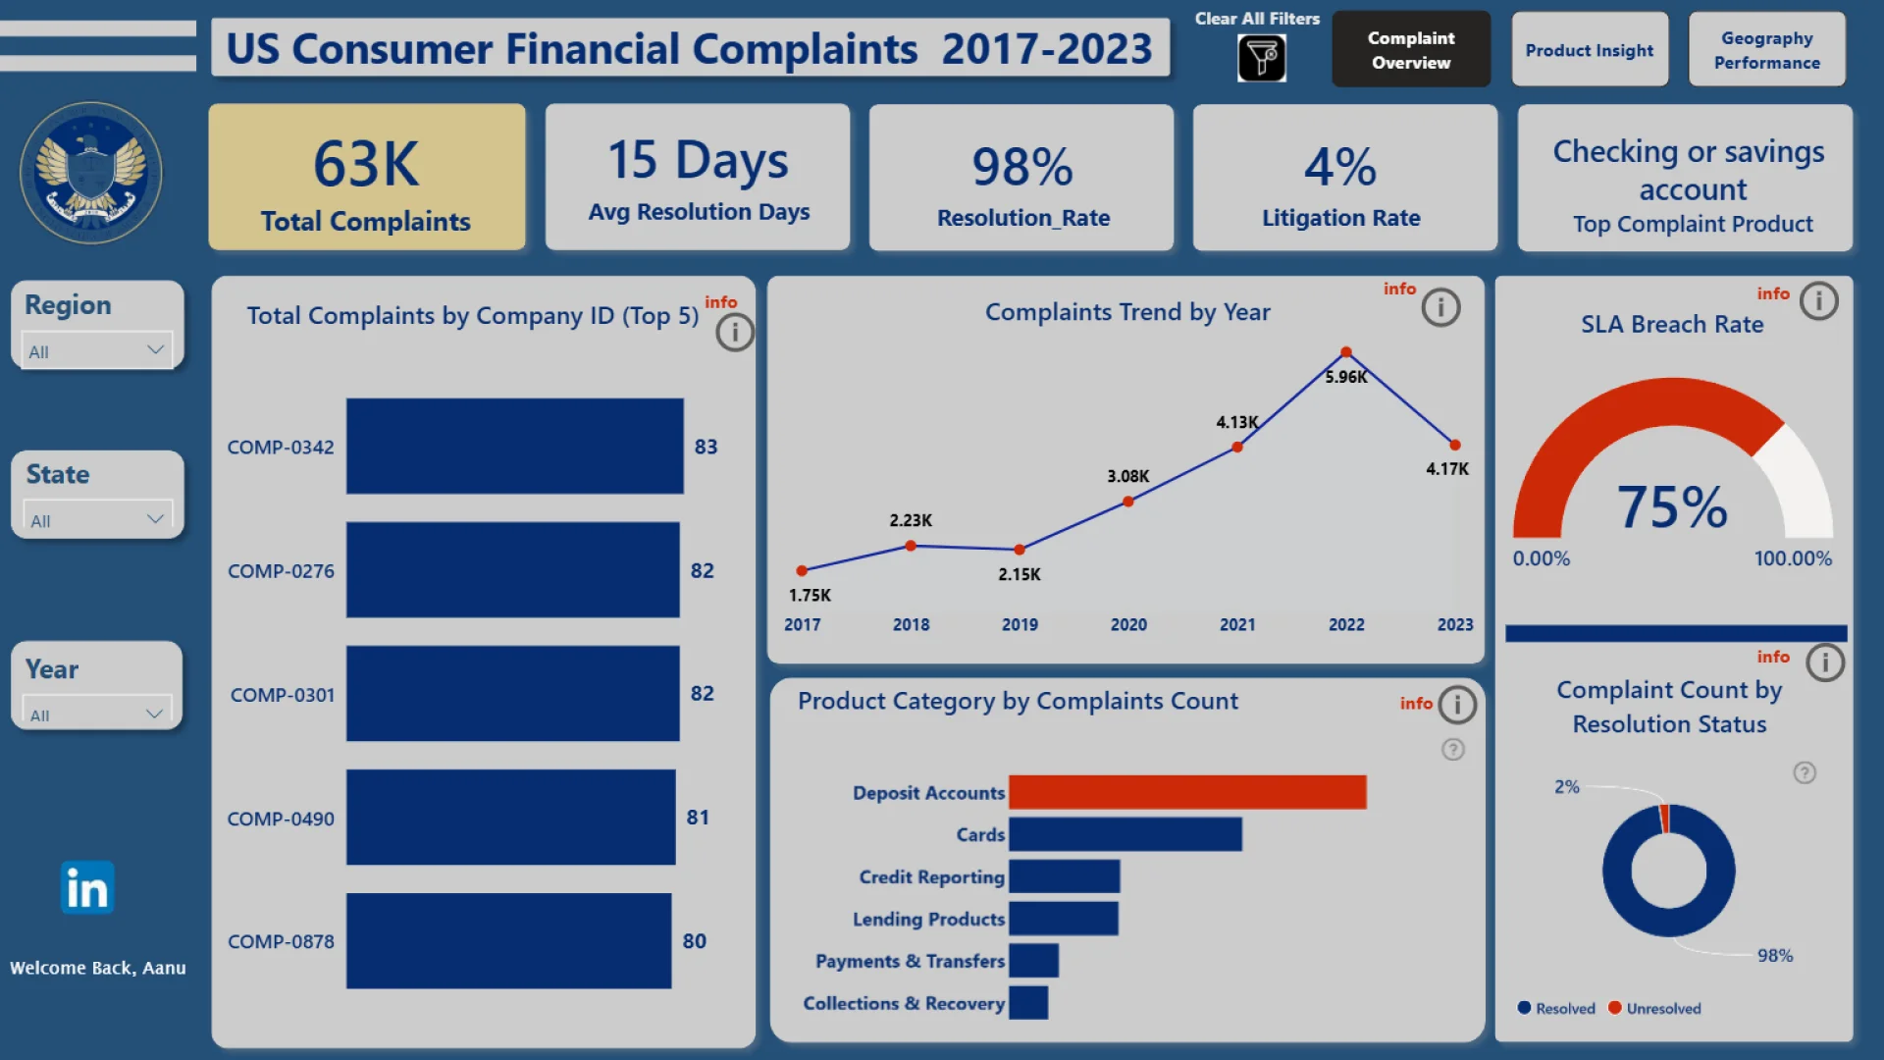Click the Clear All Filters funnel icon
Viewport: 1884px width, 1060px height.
pyautogui.click(x=1261, y=58)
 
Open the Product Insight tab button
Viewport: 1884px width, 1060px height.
pyautogui.click(x=1589, y=50)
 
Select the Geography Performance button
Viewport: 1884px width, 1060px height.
pyautogui.click(x=1766, y=50)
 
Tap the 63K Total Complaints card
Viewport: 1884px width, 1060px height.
pyautogui.click(x=366, y=178)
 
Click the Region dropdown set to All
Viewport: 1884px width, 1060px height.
pyautogui.click(x=96, y=350)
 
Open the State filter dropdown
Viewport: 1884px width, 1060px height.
pyautogui.click(x=96, y=519)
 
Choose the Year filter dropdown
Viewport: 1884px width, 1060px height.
pyautogui.click(x=96, y=714)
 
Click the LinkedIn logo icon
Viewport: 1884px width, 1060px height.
pyautogui.click(x=87, y=888)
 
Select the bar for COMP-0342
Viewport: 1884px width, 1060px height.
pyautogui.click(x=514, y=446)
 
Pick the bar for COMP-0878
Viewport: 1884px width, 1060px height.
pyautogui.click(x=508, y=940)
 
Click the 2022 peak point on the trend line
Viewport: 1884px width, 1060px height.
pyautogui.click(x=1346, y=352)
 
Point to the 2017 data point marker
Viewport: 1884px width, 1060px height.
pyautogui.click(x=802, y=570)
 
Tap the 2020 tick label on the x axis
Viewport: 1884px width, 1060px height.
pyautogui.click(x=1128, y=624)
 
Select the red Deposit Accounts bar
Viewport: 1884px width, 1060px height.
pyautogui.click(x=1187, y=792)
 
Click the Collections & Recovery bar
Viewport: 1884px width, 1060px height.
pyautogui.click(x=1028, y=1003)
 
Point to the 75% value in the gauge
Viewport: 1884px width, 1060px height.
pyautogui.click(x=1672, y=507)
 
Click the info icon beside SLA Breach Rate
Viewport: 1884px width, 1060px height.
pyautogui.click(x=1818, y=300)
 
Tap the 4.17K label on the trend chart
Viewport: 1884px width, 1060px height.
pyautogui.click(x=1447, y=469)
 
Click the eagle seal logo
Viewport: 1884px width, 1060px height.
pyautogui.click(x=91, y=173)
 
